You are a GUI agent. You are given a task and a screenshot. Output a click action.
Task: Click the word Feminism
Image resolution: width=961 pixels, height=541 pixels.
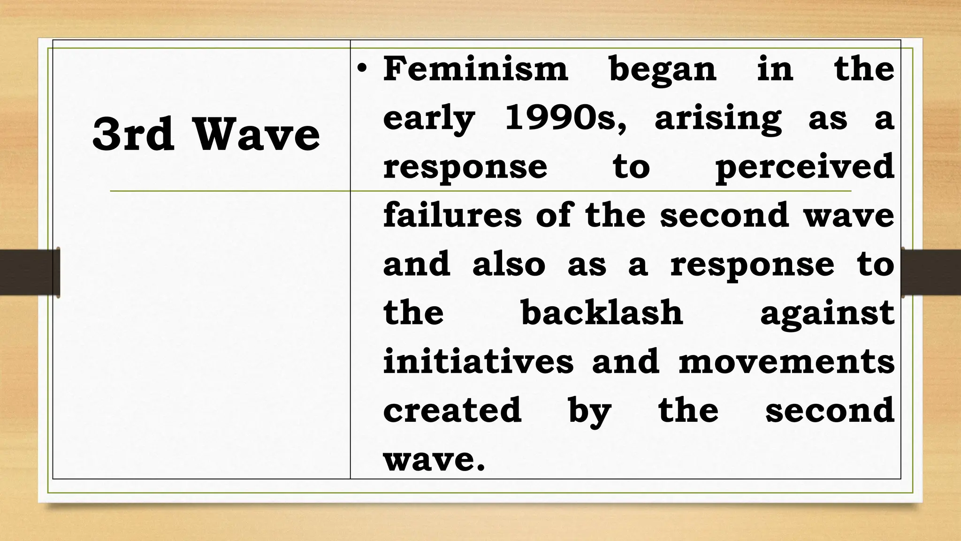click(x=475, y=69)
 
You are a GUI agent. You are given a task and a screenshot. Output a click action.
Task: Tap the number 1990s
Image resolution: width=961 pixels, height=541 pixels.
click(x=565, y=118)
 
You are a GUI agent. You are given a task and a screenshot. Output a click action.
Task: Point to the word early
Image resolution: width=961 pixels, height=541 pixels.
click(x=429, y=119)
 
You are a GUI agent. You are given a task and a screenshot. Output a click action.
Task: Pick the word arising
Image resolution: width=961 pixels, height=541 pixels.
click(x=718, y=119)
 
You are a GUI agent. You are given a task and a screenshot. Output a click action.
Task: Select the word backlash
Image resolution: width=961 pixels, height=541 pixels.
click(x=602, y=313)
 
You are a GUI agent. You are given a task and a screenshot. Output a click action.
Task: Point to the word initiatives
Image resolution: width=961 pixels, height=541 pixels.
click(x=478, y=362)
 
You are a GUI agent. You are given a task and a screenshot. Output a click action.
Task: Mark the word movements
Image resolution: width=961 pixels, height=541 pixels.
click(x=786, y=363)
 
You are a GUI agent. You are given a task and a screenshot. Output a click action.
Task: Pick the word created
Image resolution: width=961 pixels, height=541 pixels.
click(x=452, y=410)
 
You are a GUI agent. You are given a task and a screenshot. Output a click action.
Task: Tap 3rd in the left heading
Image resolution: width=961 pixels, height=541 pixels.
click(x=133, y=135)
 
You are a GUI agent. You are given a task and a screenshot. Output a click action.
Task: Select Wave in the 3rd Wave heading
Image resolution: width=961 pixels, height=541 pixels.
click(x=257, y=135)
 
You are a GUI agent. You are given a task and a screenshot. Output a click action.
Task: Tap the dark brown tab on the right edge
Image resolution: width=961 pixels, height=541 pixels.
click(x=931, y=272)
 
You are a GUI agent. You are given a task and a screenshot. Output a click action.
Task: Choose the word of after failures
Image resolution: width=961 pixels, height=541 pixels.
click(x=554, y=216)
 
